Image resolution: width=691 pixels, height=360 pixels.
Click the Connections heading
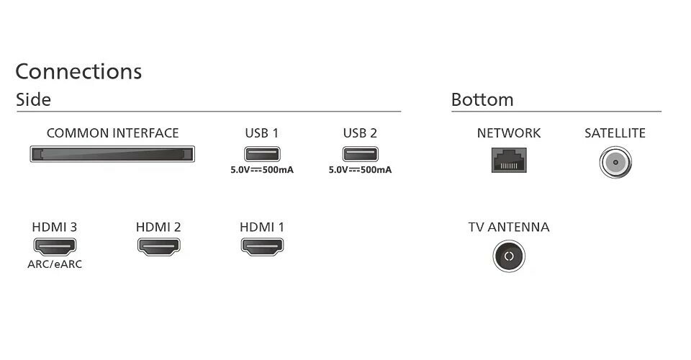pos(78,72)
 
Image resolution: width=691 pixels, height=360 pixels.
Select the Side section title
pos(33,100)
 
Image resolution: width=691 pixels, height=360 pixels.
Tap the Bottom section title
pos(482,100)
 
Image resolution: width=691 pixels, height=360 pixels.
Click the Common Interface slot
pos(112,154)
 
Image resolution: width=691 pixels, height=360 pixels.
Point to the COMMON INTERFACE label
pos(112,133)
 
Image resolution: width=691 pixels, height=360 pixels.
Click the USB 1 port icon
pos(261,153)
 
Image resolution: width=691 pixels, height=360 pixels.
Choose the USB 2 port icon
pos(360,153)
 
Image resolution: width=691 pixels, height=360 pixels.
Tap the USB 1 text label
pos(261,133)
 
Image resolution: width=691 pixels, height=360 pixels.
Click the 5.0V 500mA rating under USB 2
pos(360,170)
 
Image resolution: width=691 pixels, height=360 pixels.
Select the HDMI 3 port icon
pos(55,247)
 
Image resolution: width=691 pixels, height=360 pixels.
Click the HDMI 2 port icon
pos(158,247)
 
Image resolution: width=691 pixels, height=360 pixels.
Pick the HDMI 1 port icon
pos(262,247)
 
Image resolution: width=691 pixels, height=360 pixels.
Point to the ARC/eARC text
pos(55,264)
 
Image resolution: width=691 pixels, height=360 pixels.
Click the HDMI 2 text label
pos(158,228)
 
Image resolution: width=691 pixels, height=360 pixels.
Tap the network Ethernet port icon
pos(509,159)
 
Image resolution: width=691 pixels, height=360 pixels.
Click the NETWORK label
pos(509,133)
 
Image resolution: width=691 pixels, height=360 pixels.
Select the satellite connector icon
pos(615,163)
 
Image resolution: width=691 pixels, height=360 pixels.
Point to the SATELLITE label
pos(615,133)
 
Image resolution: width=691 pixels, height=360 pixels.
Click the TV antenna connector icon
pos(509,256)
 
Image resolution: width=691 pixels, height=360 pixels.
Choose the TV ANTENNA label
pos(509,228)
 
